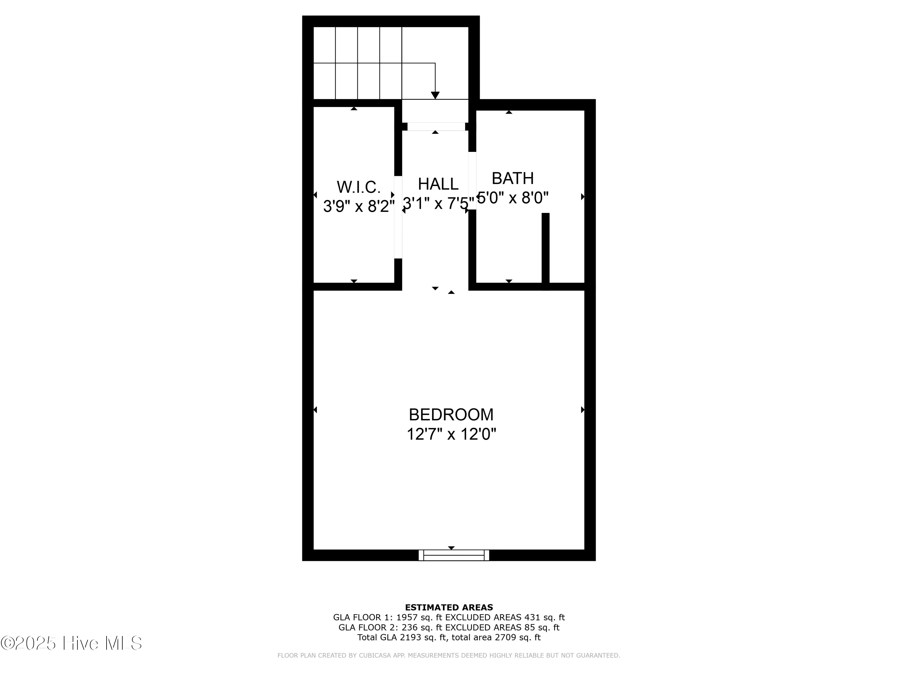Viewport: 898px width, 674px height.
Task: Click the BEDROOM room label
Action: click(451, 415)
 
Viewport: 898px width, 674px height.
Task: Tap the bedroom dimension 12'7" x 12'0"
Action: click(451, 435)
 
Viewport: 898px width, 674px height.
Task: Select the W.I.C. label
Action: click(359, 187)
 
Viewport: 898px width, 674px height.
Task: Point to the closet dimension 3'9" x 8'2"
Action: click(359, 206)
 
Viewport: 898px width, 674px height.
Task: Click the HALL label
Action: click(438, 184)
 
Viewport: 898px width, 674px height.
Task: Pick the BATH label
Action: click(512, 178)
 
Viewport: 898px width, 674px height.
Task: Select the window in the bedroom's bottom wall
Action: click(454, 555)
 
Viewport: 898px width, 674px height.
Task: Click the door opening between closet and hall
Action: click(398, 217)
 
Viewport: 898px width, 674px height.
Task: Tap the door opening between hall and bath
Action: click(472, 181)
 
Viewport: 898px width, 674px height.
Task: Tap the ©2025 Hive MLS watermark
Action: click(72, 643)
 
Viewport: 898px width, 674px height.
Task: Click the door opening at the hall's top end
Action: click(436, 127)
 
